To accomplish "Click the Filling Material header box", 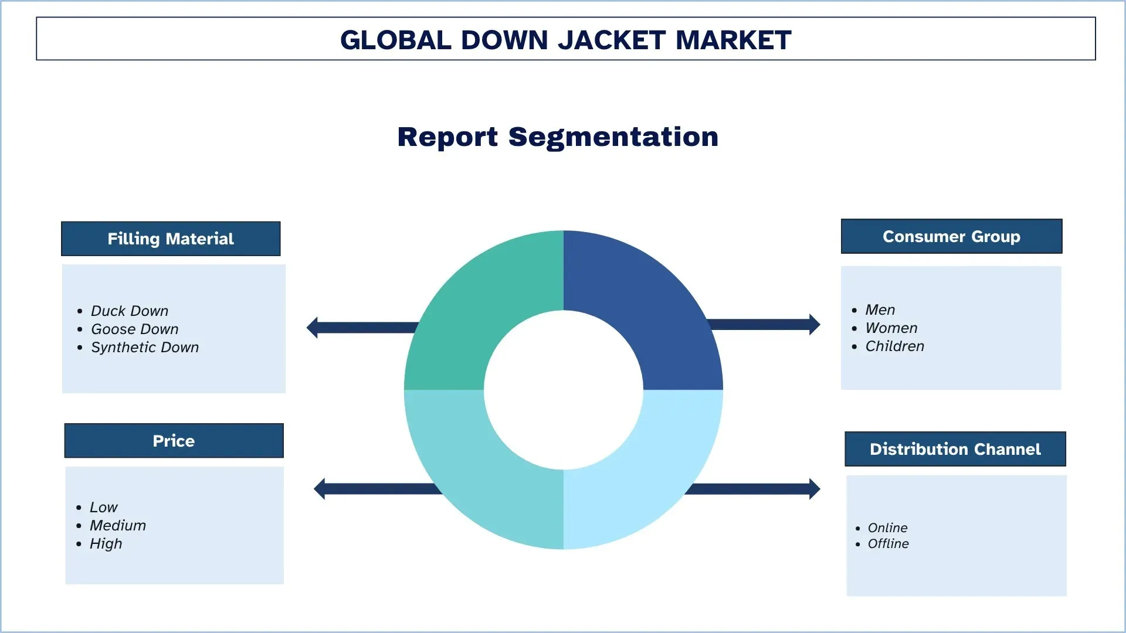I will [171, 239].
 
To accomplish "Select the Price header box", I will [174, 441].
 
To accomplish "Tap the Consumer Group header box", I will [951, 236].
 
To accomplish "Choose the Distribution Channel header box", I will [955, 449].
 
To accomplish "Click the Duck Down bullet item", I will [129, 311].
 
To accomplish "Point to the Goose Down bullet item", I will [134, 329].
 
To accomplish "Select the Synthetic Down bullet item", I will [144, 347].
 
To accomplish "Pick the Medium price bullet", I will [117, 525].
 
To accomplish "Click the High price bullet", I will [106, 543].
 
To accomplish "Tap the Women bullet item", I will [891, 328].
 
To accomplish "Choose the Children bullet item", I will [894, 346].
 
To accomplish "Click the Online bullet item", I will [887, 527].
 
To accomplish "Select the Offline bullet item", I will [888, 543].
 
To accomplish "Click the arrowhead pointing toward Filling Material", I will [313, 328].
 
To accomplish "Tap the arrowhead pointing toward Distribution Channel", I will [814, 489].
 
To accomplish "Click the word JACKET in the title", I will [611, 40].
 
